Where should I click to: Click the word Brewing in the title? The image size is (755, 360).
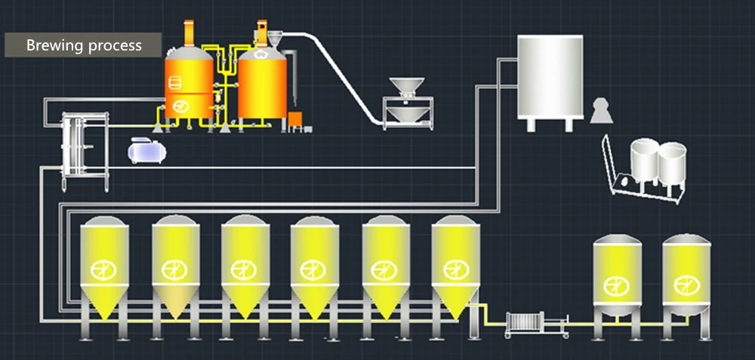click(x=54, y=45)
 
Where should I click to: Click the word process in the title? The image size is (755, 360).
click(x=114, y=45)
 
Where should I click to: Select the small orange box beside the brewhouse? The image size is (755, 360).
click(x=294, y=118)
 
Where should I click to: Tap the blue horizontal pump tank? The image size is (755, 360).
click(x=147, y=150)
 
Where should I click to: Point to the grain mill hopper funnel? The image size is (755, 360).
click(x=408, y=87)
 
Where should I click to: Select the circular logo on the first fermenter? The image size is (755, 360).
click(x=102, y=268)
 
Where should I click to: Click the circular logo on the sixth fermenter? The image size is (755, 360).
click(x=455, y=268)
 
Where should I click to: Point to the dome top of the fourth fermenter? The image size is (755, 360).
click(x=313, y=223)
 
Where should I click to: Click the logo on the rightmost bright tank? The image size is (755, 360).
click(x=686, y=284)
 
